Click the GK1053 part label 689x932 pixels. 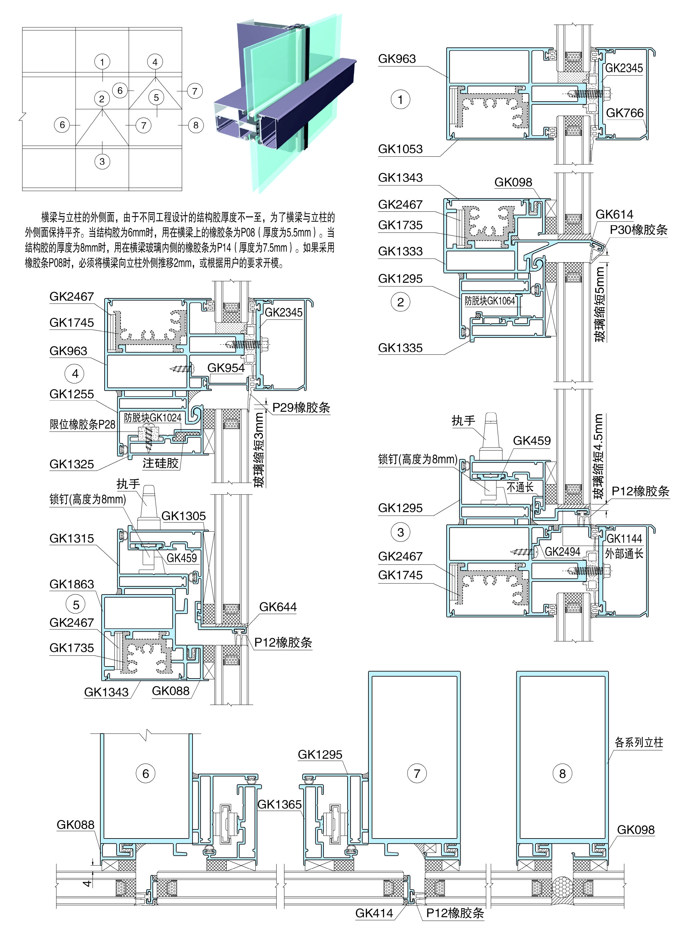(400, 149)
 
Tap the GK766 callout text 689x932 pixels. (624, 113)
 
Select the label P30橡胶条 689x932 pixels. (639, 230)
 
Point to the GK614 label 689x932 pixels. (614, 214)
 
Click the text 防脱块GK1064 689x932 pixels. (490, 301)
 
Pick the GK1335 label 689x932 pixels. (400, 348)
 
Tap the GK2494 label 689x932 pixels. (563, 552)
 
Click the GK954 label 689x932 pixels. (226, 368)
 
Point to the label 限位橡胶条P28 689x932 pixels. (82, 424)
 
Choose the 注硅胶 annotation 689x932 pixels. (161, 463)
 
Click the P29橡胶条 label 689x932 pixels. (301, 408)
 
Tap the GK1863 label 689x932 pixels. (71, 584)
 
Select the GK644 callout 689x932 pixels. (278, 607)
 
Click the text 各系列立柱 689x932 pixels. (639, 742)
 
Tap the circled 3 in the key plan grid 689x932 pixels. (102, 161)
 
